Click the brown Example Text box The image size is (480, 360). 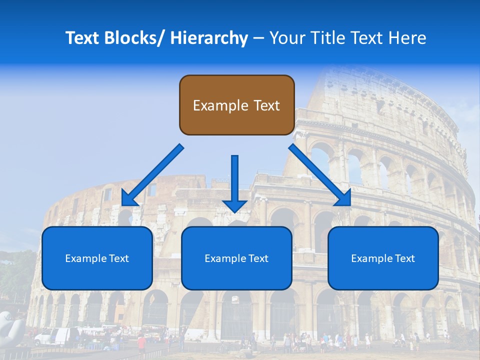[x=236, y=105]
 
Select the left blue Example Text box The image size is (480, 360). [x=97, y=258]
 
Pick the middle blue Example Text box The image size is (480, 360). [x=236, y=258]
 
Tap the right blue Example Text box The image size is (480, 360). [x=383, y=258]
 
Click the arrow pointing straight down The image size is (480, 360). [x=234, y=182]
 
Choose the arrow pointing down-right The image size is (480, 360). [x=320, y=175]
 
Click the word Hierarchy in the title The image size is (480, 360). [x=209, y=38]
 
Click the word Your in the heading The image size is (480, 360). [x=287, y=38]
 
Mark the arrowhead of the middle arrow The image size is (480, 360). [x=234, y=205]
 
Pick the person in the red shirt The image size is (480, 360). [x=141, y=342]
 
